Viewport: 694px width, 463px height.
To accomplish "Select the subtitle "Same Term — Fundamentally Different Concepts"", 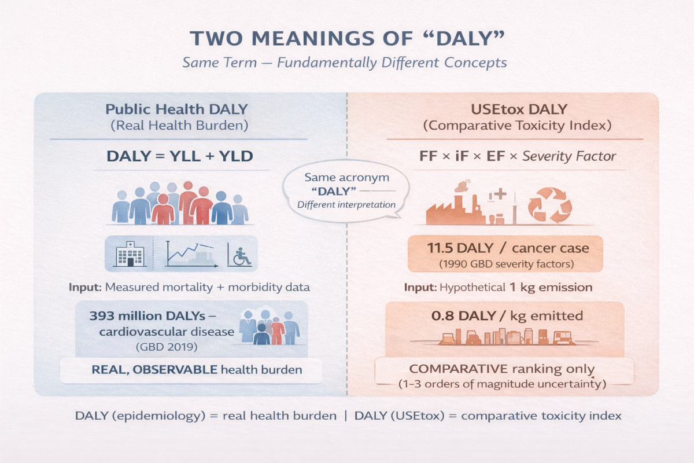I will [345, 63].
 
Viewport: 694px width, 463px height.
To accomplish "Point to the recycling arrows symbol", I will [549, 205].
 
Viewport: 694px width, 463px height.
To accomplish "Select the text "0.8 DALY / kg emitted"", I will [507, 316].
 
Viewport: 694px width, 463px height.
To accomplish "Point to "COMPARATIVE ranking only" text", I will [501, 369].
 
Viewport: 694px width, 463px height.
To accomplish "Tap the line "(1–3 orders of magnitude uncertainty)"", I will [501, 383].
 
